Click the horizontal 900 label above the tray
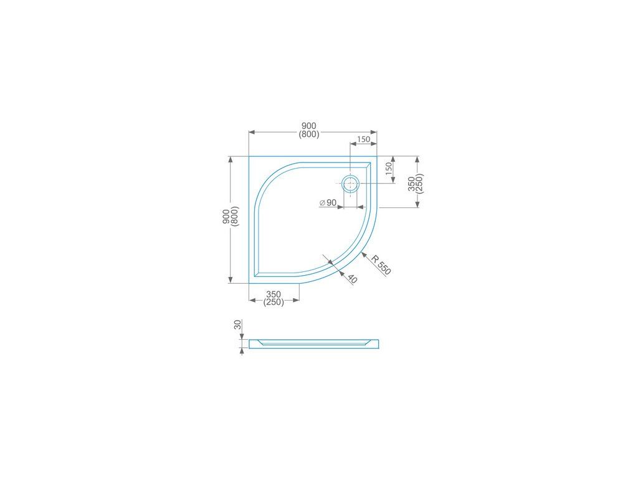309,126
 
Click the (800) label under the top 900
309,134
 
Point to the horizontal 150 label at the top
363,139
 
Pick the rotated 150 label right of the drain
389,169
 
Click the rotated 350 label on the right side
412,184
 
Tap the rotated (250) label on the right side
420,184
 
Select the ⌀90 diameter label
328,202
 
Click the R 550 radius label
381,264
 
